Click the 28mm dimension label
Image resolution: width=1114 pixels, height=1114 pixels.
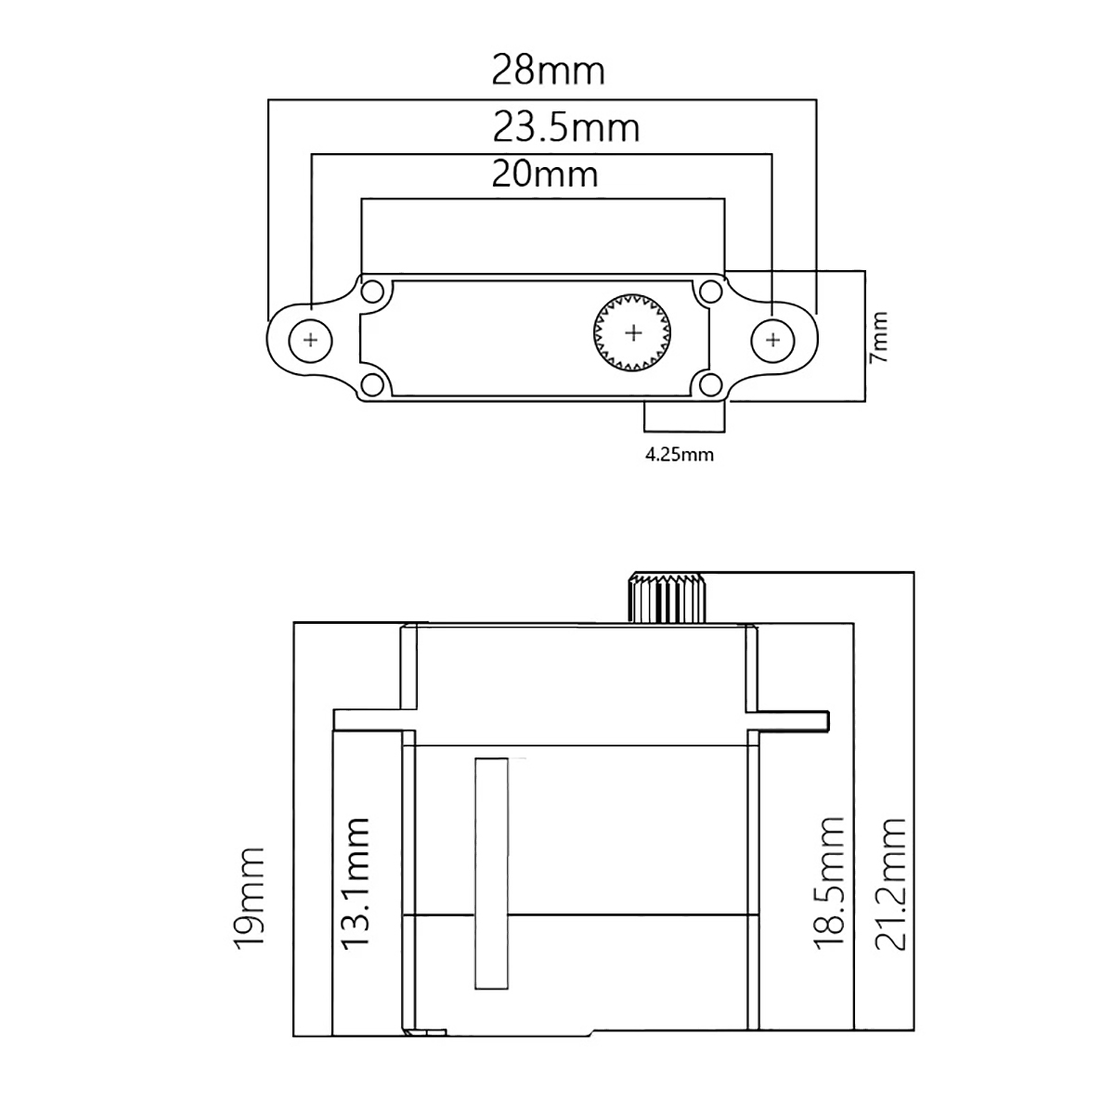(x=548, y=71)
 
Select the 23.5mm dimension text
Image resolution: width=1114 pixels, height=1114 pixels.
(x=566, y=128)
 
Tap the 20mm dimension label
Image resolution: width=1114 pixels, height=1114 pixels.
(x=545, y=174)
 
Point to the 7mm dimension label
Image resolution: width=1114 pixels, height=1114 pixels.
(x=877, y=337)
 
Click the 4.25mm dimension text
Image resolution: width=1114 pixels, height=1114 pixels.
(x=680, y=455)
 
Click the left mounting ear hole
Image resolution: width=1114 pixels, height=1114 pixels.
(x=311, y=340)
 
